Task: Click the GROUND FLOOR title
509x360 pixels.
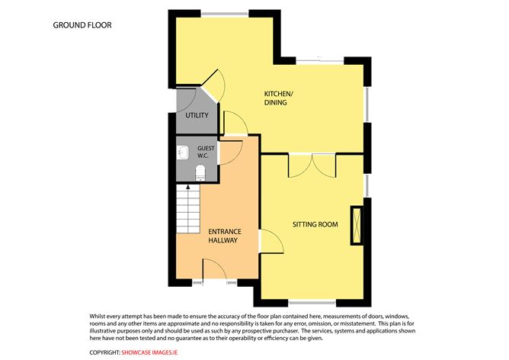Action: click(x=82, y=25)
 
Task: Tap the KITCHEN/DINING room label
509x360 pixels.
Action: click(x=279, y=98)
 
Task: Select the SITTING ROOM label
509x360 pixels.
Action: click(x=315, y=224)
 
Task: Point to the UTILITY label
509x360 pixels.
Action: click(x=197, y=115)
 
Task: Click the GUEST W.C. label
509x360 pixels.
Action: click(x=206, y=152)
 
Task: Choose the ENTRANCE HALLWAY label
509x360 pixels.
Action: click(x=225, y=236)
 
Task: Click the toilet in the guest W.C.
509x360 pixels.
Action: click(x=200, y=172)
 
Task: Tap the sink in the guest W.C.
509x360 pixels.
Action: click(x=183, y=153)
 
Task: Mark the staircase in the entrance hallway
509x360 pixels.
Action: click(x=188, y=208)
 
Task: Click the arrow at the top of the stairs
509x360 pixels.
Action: click(x=188, y=187)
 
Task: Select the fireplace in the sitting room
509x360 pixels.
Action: click(x=357, y=225)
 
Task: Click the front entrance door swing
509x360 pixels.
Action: click(x=215, y=268)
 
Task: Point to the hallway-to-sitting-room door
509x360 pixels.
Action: click(x=272, y=241)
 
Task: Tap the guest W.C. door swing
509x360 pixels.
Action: click(x=231, y=153)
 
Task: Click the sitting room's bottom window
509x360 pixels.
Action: click(x=312, y=303)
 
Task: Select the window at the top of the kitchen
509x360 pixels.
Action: click(x=225, y=14)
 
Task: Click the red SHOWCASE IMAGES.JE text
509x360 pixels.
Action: click(x=149, y=352)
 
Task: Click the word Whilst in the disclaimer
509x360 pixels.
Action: click(x=97, y=316)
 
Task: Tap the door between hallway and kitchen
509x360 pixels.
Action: click(x=236, y=123)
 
